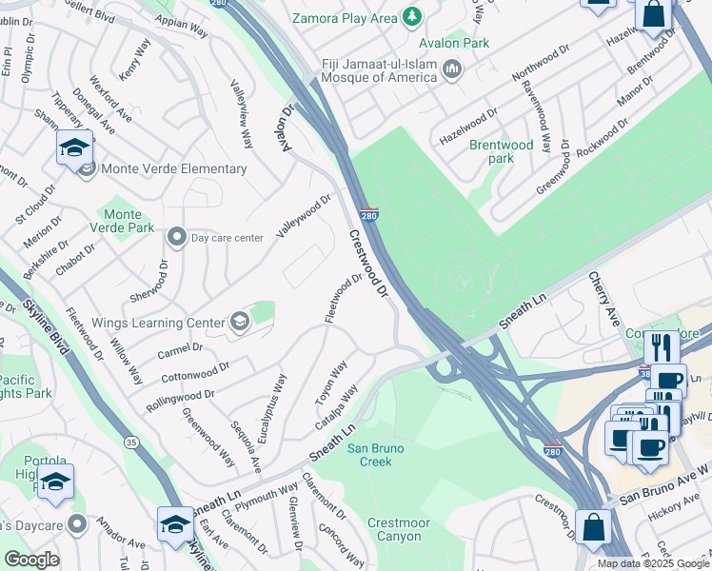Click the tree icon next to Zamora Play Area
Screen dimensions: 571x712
click(x=412, y=16)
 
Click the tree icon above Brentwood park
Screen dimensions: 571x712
click(x=503, y=127)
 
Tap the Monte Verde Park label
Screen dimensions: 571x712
click(x=129, y=221)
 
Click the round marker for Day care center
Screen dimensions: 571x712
click(x=176, y=236)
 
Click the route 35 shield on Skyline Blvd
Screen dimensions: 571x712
click(x=131, y=441)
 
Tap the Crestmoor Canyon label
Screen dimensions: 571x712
click(x=399, y=529)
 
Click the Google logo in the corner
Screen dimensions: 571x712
click(x=31, y=560)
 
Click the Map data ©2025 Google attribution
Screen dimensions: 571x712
click(x=653, y=563)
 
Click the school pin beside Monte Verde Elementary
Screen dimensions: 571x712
click(x=74, y=148)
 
